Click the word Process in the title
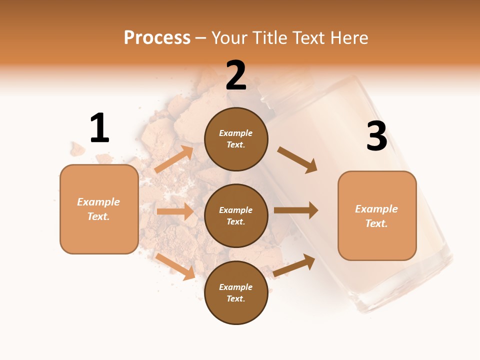click(x=157, y=38)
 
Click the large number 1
click(x=99, y=128)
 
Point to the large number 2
click(x=236, y=75)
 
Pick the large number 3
click(x=376, y=136)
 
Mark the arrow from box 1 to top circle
click(x=174, y=159)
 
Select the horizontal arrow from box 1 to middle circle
click(x=175, y=211)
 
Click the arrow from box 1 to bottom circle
click(x=175, y=266)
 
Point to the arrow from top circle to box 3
click(x=297, y=160)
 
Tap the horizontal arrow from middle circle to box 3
click(x=295, y=210)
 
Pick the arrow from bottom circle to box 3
click(x=294, y=265)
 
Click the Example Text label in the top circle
click(x=236, y=139)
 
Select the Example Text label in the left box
click(x=98, y=209)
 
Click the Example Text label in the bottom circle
click(x=236, y=292)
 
